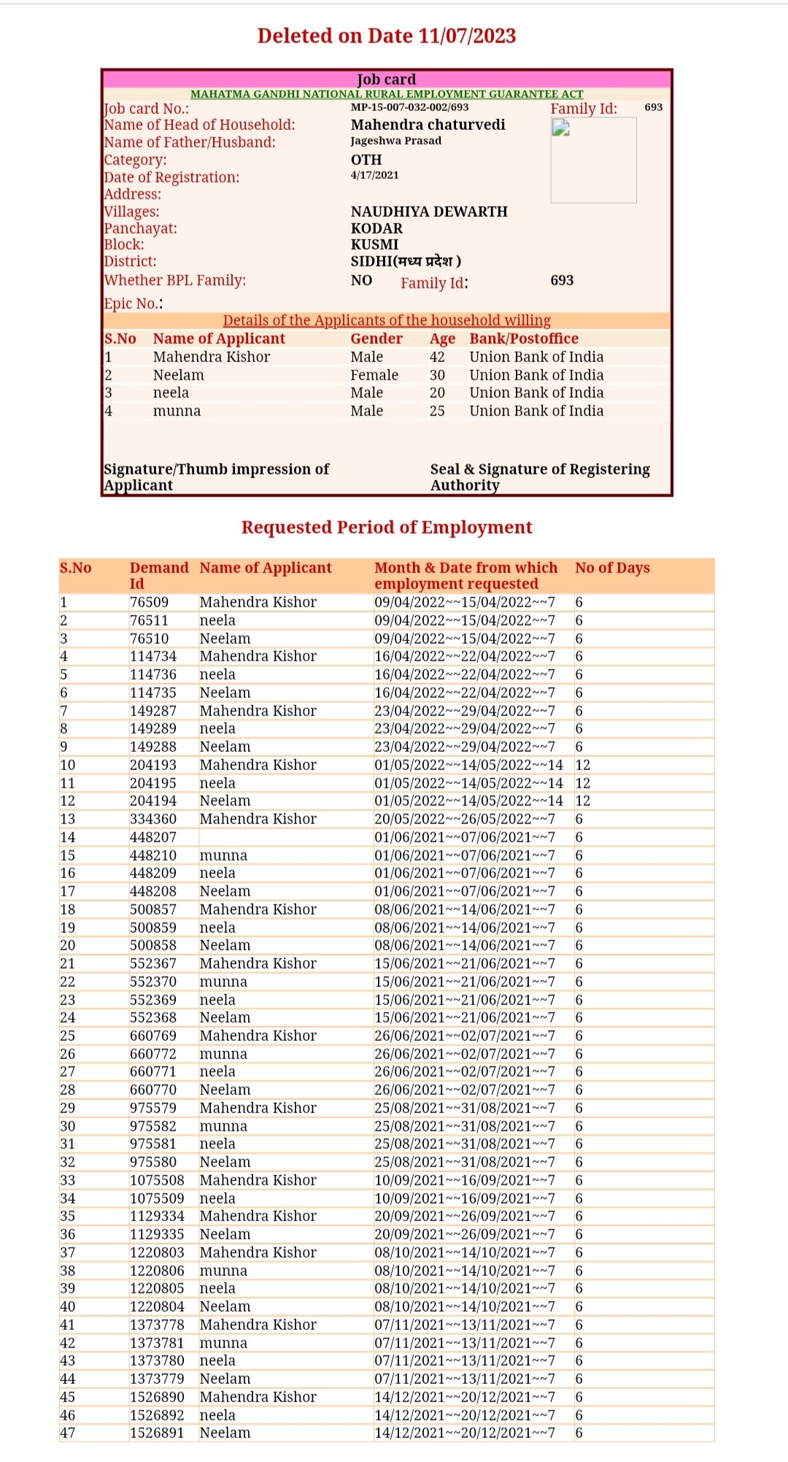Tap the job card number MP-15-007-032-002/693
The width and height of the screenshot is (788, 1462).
[x=409, y=107]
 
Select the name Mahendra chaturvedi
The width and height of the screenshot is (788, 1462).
[x=428, y=125]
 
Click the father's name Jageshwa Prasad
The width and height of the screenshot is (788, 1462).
[x=395, y=141]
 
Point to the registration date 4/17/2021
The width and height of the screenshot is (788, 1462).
[x=374, y=175]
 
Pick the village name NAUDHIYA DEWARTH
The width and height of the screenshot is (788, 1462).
[x=428, y=212]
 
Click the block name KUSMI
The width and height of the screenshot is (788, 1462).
[x=374, y=245]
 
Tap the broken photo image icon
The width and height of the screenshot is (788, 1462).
[x=560, y=128]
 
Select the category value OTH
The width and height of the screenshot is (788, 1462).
[x=366, y=160]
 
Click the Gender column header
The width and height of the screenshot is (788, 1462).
[x=376, y=339]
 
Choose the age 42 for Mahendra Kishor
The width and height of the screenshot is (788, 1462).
[x=437, y=357]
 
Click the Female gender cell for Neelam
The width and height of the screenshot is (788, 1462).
[x=374, y=375]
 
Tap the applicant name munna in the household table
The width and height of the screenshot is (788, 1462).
[x=177, y=411]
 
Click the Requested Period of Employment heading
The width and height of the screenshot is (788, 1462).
[x=387, y=527]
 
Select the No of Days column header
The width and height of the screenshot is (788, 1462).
[x=612, y=568]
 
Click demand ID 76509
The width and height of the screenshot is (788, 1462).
[x=149, y=602]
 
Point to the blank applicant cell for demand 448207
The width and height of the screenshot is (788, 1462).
[x=285, y=837]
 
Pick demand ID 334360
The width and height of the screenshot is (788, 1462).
[x=153, y=819]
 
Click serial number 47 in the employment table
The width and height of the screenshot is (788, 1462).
[x=68, y=1433]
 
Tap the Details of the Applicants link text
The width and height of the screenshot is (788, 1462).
[x=387, y=320]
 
